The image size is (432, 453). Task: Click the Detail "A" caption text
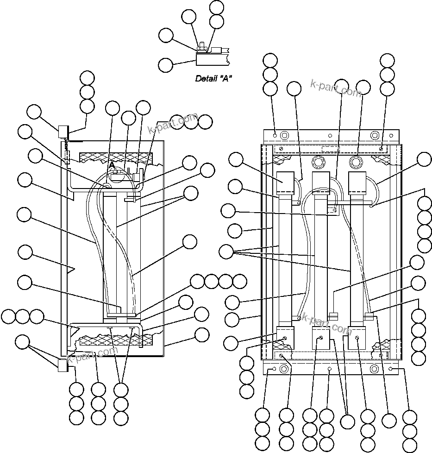click(213, 78)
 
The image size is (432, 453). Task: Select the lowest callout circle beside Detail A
click(166, 64)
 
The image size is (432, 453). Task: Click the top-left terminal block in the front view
click(286, 182)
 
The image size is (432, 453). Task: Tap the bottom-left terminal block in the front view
click(286, 336)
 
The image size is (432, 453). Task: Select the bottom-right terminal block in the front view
click(357, 336)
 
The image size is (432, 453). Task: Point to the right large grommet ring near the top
click(356, 163)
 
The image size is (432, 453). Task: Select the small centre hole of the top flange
click(329, 136)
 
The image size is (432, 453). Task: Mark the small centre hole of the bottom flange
click(329, 369)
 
